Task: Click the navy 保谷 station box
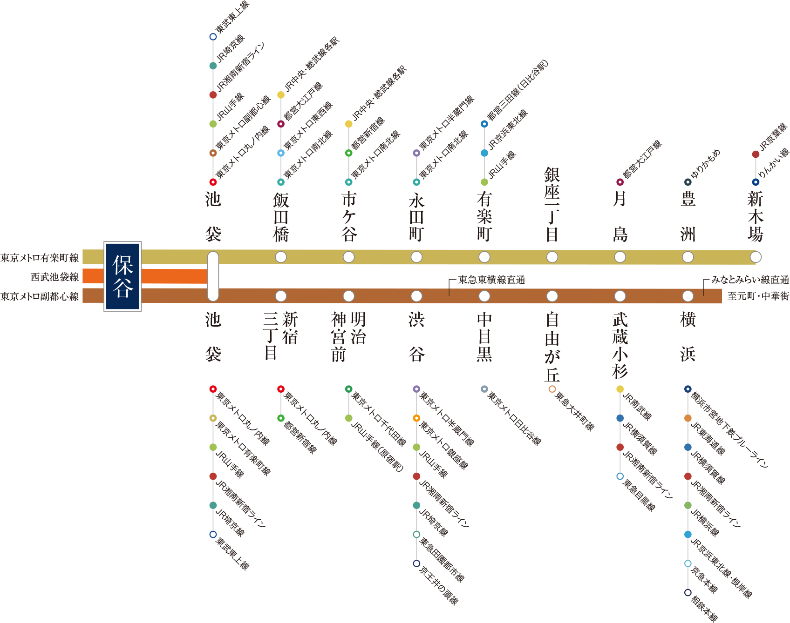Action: click(x=123, y=276)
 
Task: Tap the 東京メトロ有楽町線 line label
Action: click(x=40, y=258)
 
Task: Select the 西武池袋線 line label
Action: click(x=54, y=277)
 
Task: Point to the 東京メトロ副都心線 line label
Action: click(x=40, y=296)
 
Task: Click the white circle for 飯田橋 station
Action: click(x=281, y=257)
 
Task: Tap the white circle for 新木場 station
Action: click(x=756, y=257)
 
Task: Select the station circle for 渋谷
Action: click(x=416, y=296)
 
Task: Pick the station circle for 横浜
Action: click(x=688, y=296)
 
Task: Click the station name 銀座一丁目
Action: click(x=552, y=205)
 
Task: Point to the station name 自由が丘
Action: click(x=552, y=347)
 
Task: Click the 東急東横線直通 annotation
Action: click(x=491, y=280)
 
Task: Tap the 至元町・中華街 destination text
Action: click(x=758, y=296)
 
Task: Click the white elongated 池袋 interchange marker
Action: click(x=213, y=276)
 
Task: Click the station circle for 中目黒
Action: click(x=484, y=296)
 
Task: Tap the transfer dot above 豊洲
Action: click(x=688, y=182)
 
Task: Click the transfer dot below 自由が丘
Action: click(x=552, y=389)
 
